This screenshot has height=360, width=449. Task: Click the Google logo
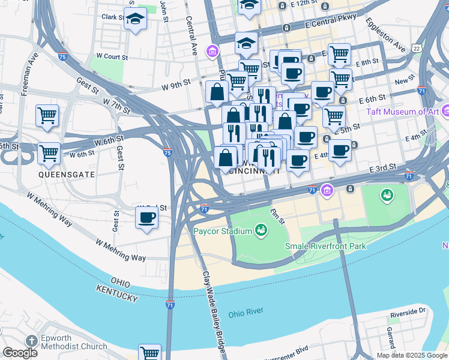pyautogui.click(x=20, y=353)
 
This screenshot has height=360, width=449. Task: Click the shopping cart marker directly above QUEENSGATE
pyautogui.click(x=49, y=152)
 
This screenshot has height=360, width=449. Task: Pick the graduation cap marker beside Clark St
pyautogui.click(x=136, y=19)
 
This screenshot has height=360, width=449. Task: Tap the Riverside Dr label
pyautogui.click(x=407, y=313)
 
